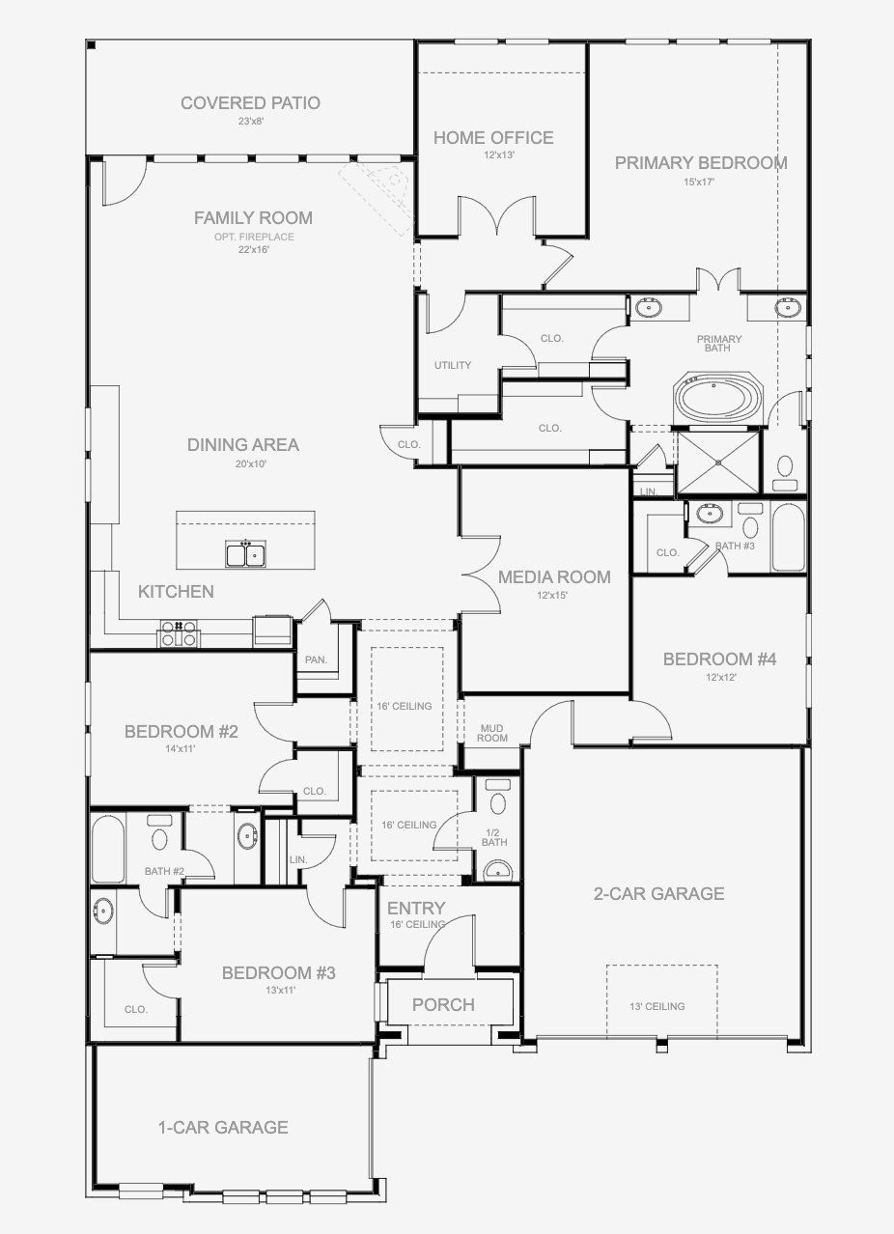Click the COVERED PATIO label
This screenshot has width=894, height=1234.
coord(250,103)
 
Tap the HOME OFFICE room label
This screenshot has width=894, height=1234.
coord(492,138)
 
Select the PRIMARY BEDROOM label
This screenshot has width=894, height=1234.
coord(700,163)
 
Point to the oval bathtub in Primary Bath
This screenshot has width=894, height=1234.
coord(719,399)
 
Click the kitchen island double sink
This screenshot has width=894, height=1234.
coord(246,554)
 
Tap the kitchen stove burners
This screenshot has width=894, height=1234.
coord(179,632)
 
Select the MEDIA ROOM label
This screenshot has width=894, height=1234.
coord(553,577)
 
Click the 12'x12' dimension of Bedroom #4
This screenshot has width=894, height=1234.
coord(719,678)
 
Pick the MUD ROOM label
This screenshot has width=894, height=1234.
coord(492,732)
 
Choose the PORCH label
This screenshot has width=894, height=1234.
coord(443,1005)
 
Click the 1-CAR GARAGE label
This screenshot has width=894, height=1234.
coord(223,1127)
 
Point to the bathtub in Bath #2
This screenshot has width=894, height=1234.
coord(107,849)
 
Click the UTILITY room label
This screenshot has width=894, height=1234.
coord(452,365)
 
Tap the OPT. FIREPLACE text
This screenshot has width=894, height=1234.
coord(254,237)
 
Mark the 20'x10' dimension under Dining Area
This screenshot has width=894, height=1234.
coord(242,463)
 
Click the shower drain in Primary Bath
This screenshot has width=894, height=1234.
coord(718,462)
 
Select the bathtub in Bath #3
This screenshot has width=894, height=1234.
coord(787,537)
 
